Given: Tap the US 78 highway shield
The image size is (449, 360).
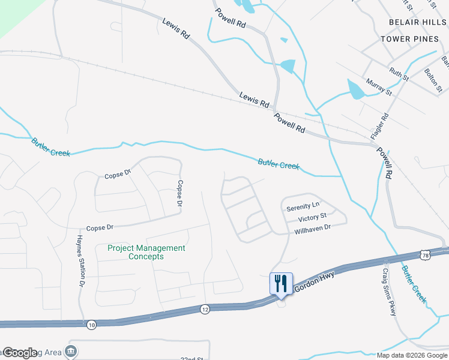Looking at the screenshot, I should tap(426, 256).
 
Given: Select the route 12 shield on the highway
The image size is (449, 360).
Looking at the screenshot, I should tap(205, 308).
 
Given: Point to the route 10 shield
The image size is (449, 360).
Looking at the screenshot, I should tap(91, 325).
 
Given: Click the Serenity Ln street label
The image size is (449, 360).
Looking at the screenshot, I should tap(303, 207).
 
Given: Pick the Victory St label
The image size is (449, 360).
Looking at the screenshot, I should tap(312, 217).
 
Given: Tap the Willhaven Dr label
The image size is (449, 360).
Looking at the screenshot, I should tap(312, 229).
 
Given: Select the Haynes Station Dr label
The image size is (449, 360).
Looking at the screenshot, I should tap(79, 260).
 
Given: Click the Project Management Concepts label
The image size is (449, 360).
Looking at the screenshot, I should tap(146, 252).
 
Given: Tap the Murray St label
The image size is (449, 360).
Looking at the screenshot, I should tap(379, 88).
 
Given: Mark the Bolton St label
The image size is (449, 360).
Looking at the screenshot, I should tap(432, 80).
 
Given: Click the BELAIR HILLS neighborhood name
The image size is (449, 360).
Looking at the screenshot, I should tap(414, 22).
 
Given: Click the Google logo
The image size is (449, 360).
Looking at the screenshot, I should tap(20, 353).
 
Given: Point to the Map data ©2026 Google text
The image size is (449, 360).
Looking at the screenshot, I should tap(412, 355).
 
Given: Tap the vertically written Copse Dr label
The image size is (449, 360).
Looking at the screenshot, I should tap(179, 194).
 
